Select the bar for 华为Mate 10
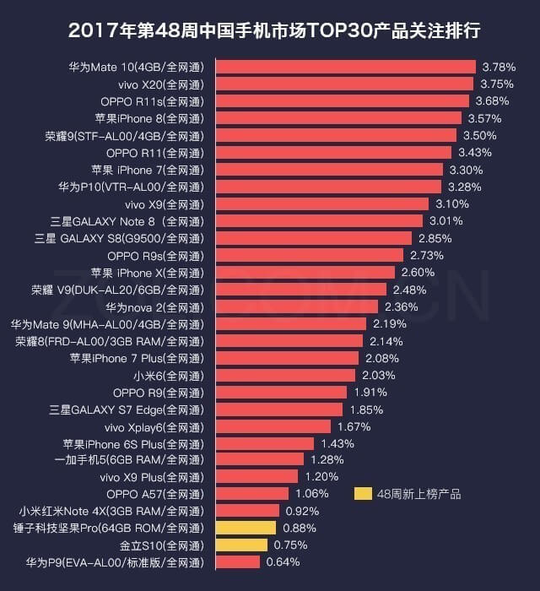(345, 67)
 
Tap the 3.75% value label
(497, 84)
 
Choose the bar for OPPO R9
(282, 392)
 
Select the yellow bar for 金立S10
(241, 545)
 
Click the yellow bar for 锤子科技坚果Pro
(246, 528)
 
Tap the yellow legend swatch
(363, 494)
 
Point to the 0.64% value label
(283, 562)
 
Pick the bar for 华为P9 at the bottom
(238, 562)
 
